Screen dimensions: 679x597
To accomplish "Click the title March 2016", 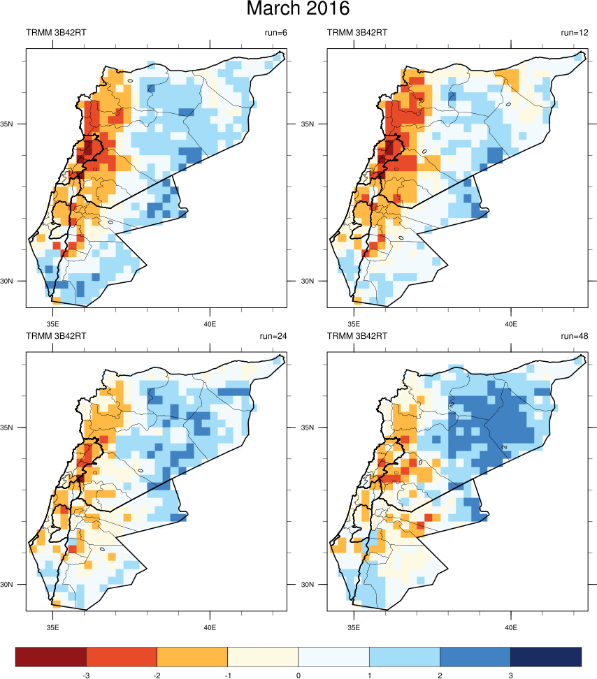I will pyautogui.click(x=298, y=10).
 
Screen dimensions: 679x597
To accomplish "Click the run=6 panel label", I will pyautogui.click(x=273, y=33).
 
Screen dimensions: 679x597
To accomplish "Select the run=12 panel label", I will pyautogui.click(x=574, y=33).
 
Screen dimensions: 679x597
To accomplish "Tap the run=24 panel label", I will pyautogui.click(x=273, y=336).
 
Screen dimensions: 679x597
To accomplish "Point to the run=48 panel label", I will pyautogui.click(x=574, y=336).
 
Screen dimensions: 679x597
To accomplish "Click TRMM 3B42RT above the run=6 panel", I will pyautogui.click(x=56, y=33).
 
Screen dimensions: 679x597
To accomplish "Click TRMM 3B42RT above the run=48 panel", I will pyautogui.click(x=357, y=336).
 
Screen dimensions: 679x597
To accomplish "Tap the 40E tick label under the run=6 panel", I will pyautogui.click(x=210, y=324).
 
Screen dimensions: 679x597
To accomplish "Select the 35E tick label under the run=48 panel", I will pyautogui.click(x=354, y=627).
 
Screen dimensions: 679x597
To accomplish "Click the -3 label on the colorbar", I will pyautogui.click(x=86, y=676).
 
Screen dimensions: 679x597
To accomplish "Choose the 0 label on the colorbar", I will pyautogui.click(x=298, y=676).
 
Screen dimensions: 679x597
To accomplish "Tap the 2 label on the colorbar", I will pyautogui.click(x=440, y=676).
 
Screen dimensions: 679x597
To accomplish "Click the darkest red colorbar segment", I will pyautogui.click(x=51, y=657).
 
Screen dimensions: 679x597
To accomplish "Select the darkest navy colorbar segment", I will pyautogui.click(x=546, y=657).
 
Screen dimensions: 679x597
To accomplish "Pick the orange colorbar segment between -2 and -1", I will pyautogui.click(x=192, y=657).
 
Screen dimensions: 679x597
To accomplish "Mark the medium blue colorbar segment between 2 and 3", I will pyautogui.click(x=475, y=657).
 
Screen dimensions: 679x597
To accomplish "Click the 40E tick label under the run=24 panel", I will pyautogui.click(x=210, y=627).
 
